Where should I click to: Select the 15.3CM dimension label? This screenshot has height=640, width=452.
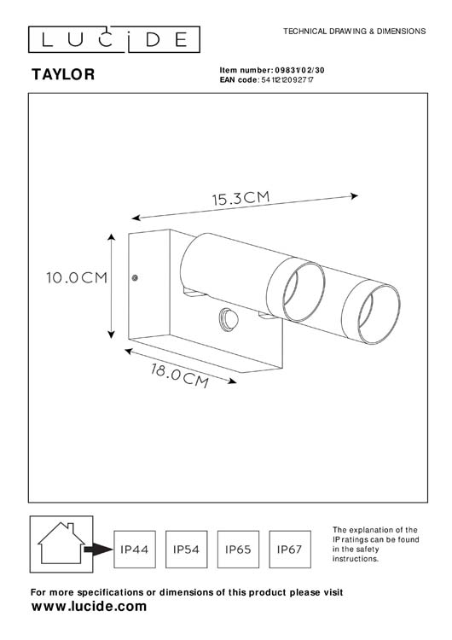[x=240, y=199]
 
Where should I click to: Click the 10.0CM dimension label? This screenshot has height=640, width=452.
[x=75, y=277]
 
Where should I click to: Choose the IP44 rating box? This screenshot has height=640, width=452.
[x=136, y=550]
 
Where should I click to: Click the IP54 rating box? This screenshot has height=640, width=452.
[x=187, y=550]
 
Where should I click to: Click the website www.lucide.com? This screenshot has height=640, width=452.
[x=89, y=607]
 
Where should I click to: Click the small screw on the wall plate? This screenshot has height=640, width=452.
[x=136, y=277]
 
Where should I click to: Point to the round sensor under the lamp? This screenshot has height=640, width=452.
[x=229, y=319]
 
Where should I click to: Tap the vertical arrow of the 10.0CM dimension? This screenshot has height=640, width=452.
[x=112, y=285]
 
